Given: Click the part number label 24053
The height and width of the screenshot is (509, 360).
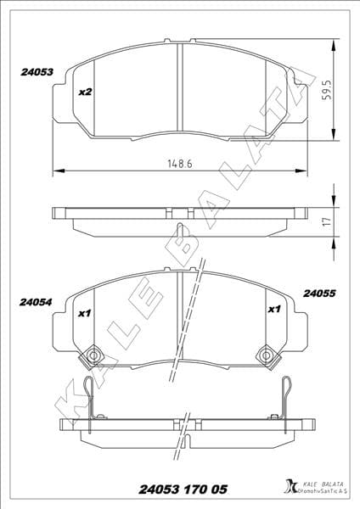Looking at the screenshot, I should point(37,73).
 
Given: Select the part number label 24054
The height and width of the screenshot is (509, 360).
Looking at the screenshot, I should point(37,300).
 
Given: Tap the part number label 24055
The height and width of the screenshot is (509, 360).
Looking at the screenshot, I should point(320,294).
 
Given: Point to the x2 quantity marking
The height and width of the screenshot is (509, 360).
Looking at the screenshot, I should point(84,92).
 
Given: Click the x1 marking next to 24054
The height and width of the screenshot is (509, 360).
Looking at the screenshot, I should point(84,312).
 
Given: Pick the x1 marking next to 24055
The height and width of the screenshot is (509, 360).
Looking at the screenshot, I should point(274,310).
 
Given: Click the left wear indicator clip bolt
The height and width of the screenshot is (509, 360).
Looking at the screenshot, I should point(94,354).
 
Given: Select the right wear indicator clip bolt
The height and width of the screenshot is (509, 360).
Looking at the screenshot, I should point(266,354).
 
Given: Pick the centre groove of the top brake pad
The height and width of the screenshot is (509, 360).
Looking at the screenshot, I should point(180,85).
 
